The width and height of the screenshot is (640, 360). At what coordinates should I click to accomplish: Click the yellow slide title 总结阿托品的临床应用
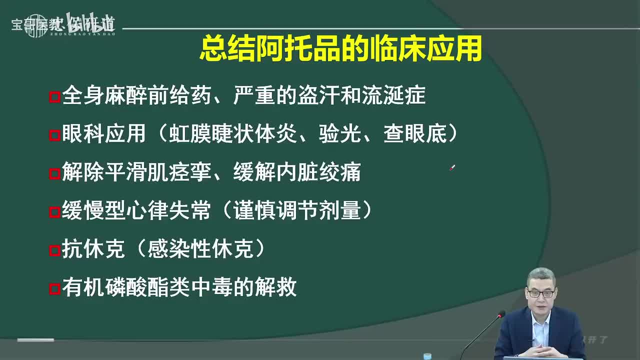pos(340,49)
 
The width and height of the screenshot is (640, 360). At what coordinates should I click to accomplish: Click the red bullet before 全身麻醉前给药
pos(54,96)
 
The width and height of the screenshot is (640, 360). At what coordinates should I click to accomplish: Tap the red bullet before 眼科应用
pos(54,135)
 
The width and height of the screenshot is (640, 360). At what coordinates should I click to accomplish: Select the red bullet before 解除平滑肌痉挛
pos(54,173)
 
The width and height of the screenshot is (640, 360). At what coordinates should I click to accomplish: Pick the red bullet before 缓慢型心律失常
pos(54,212)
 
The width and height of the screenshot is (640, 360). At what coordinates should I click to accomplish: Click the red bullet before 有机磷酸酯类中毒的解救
pos(54,289)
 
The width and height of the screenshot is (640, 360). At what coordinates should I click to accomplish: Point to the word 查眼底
pos(414,134)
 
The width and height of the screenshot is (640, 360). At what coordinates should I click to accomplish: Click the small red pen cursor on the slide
pos(452,168)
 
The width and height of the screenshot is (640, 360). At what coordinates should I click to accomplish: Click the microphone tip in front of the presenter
pos(500,315)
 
